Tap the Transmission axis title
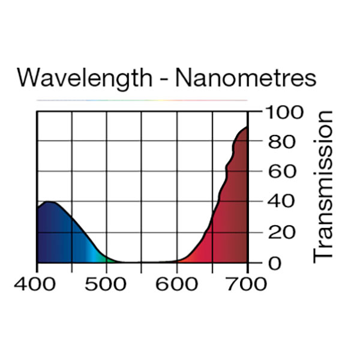point(323,185)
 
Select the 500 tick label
point(106,283)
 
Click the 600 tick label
point(177,283)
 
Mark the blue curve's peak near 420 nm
point(49,202)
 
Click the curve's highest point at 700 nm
point(247,127)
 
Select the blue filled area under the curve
point(57,237)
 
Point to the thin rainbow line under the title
point(142,100)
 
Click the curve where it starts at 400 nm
point(37,208)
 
